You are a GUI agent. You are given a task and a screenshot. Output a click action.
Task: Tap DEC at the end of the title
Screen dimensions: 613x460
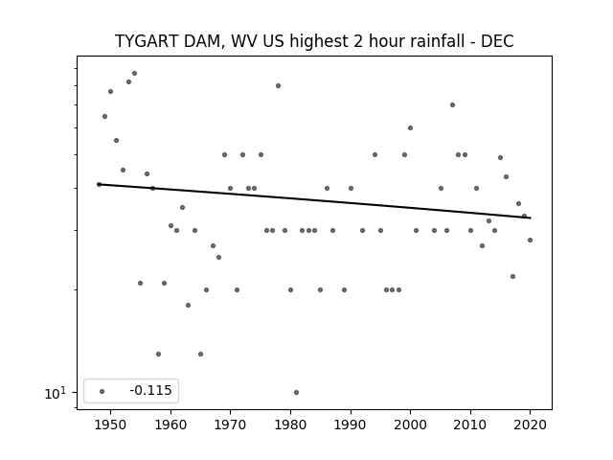[497, 41]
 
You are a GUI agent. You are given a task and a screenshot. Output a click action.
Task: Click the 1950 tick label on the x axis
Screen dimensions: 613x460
[111, 425]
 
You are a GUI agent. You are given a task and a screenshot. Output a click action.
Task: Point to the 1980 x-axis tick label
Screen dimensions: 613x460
[290, 425]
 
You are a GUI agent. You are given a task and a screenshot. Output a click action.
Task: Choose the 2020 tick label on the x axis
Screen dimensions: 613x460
[530, 425]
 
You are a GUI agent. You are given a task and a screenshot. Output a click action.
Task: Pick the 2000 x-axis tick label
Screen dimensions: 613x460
[410, 425]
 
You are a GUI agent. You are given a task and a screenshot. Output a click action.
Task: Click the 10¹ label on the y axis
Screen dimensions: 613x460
[56, 393]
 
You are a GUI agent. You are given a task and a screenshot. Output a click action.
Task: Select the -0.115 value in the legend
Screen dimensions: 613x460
[151, 390]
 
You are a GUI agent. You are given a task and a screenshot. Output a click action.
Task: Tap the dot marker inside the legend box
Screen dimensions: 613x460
[102, 391]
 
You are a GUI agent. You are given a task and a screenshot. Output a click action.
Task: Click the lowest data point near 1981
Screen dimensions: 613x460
[296, 392]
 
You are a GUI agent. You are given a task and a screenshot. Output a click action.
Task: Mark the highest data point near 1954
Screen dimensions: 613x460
[134, 73]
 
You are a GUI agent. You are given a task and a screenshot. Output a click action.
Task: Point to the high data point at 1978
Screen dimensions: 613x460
[279, 85]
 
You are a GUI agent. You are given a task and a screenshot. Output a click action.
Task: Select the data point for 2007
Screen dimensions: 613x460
[452, 104]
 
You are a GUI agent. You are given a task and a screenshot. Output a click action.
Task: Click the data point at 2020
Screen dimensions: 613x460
[530, 240]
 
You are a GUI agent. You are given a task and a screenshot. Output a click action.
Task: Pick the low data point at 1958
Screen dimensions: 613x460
[158, 354]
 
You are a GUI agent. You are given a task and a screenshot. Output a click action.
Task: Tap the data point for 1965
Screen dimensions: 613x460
[200, 354]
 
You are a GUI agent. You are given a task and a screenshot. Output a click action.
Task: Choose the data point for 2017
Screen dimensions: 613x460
[513, 277]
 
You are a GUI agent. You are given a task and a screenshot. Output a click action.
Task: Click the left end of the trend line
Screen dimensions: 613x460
[98, 184]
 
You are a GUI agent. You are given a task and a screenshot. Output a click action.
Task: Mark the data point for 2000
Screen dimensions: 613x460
[410, 127]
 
